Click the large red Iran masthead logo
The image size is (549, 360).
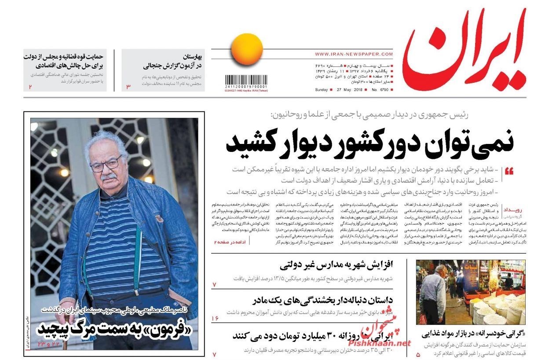464,55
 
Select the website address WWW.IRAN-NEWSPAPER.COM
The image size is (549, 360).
354,54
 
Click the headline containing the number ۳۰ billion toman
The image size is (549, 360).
321,336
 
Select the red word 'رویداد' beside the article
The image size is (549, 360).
513,209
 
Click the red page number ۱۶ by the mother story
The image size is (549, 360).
215,318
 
